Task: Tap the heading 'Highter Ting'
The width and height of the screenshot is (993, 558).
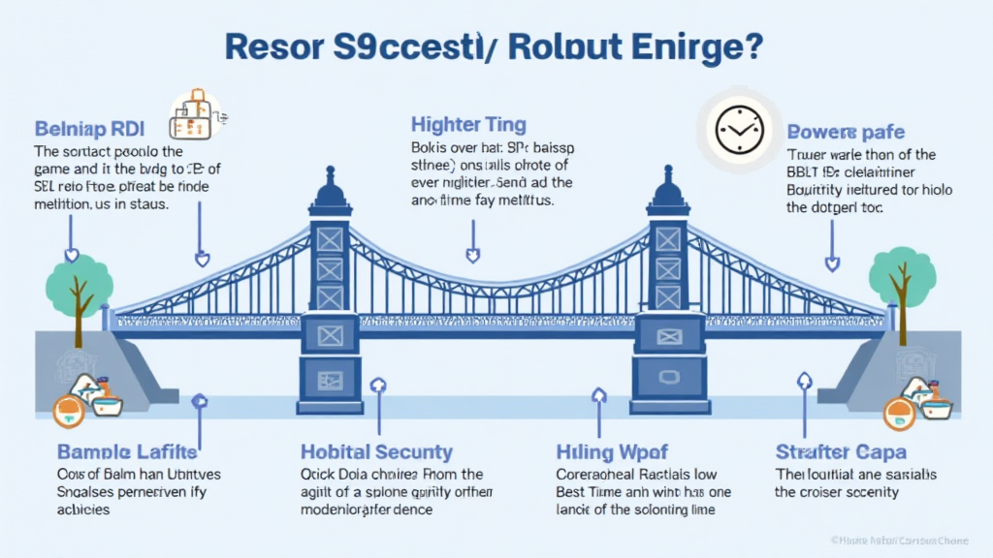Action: (468, 124)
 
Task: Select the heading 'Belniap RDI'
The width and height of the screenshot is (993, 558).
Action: (91, 128)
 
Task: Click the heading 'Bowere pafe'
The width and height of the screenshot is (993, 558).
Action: (847, 131)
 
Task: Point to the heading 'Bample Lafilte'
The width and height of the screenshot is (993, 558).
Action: (127, 451)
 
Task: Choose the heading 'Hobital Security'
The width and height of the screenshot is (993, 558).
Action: (376, 451)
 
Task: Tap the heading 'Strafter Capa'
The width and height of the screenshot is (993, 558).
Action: (841, 451)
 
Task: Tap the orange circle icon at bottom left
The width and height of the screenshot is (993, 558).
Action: (69, 412)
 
